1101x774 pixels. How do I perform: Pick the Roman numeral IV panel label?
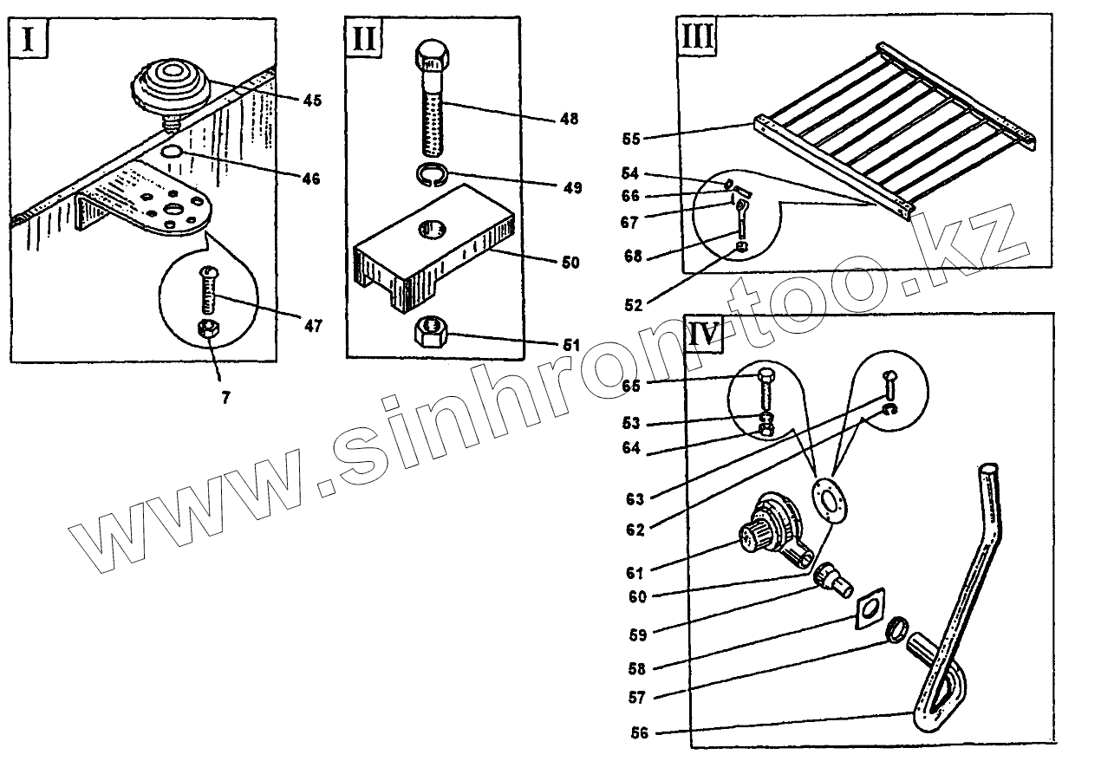click(x=704, y=335)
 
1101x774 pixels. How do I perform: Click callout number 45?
click(x=312, y=101)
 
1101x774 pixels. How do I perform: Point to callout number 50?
click(x=570, y=261)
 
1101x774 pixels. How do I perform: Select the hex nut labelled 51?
click(x=431, y=332)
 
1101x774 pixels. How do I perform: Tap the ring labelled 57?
click(x=898, y=628)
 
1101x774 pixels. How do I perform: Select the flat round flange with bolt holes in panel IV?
click(x=829, y=499)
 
